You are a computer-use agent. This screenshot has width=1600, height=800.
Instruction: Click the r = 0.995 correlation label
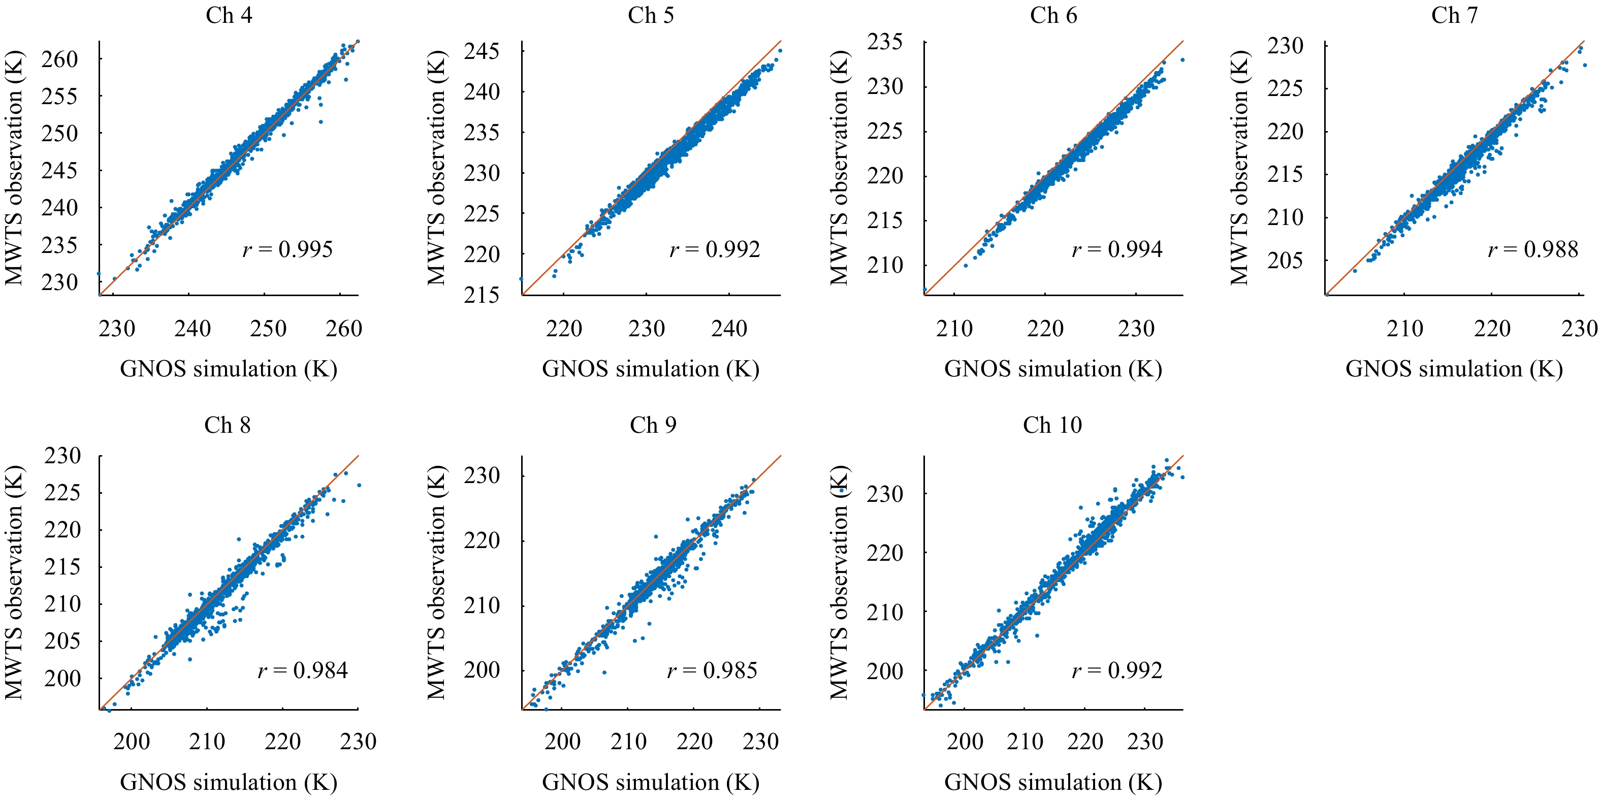(287, 250)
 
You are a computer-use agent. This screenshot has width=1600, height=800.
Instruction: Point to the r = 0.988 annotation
(1533, 250)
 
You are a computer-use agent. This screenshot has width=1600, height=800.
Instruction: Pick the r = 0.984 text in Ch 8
(303, 670)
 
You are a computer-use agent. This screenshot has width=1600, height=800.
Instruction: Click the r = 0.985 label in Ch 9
(712, 670)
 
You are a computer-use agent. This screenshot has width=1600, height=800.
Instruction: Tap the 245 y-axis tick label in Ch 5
(482, 51)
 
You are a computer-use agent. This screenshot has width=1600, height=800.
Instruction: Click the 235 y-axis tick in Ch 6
(884, 42)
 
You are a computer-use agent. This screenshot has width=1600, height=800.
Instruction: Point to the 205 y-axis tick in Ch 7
(1285, 260)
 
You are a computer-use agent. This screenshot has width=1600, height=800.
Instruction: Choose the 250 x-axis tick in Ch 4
(268, 329)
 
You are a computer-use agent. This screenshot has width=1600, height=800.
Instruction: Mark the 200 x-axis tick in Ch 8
(131, 741)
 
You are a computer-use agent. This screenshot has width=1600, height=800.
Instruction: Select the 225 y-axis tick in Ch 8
(62, 493)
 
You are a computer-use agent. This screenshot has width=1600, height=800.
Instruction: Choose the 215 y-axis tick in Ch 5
(482, 295)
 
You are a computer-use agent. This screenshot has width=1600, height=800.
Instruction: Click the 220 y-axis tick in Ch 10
(884, 553)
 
